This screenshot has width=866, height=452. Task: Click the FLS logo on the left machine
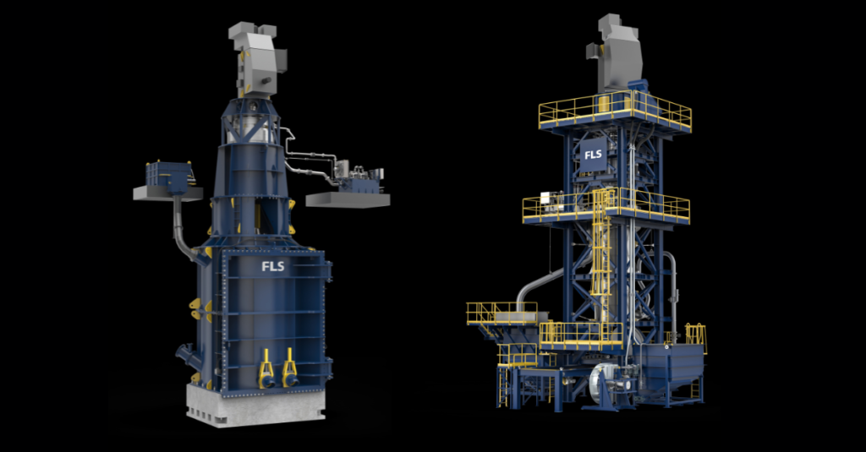click(x=273, y=267)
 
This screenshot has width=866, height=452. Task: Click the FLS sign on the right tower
click(x=593, y=155)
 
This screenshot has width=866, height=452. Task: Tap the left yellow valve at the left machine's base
click(x=266, y=368)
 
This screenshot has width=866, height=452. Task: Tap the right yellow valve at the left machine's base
click(x=290, y=368)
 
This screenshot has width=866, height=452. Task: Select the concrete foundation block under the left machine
click(x=255, y=406)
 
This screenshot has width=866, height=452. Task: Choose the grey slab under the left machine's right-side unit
click(x=348, y=199)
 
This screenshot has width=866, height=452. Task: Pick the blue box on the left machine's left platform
click(x=169, y=176)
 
